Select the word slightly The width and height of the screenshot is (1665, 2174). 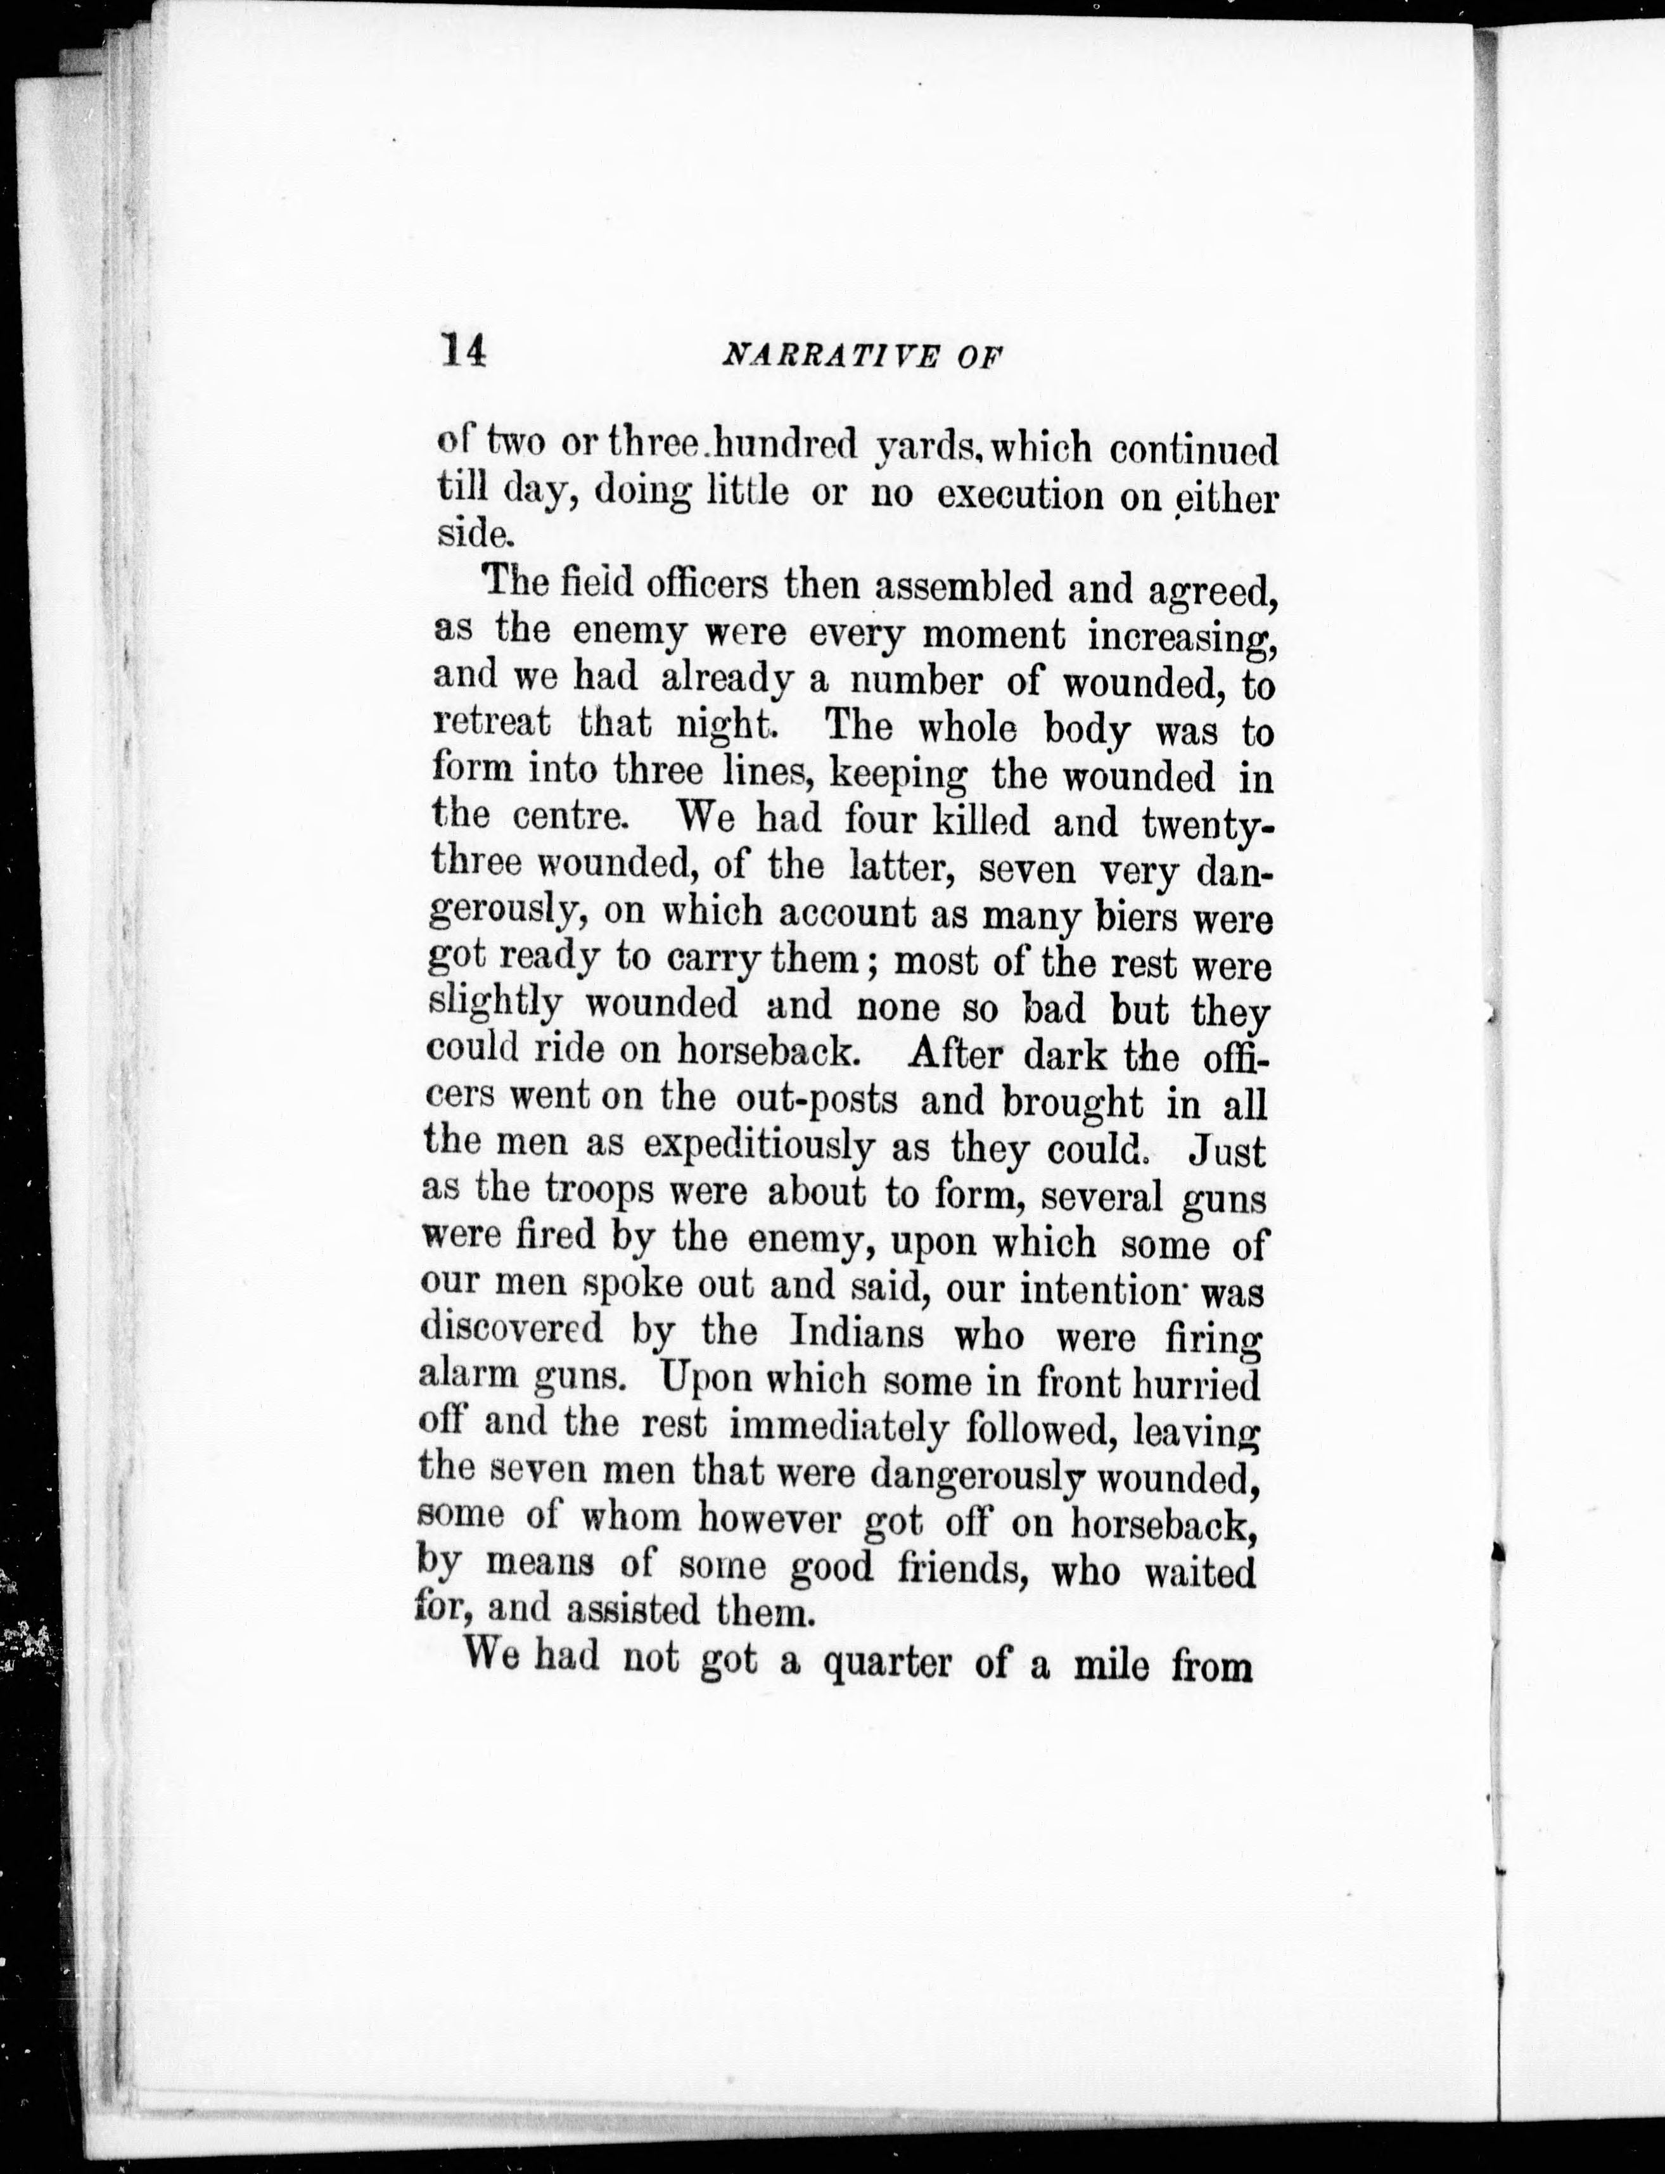pyautogui.click(x=495, y=1004)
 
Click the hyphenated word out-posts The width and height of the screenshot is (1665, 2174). pyautogui.click(x=817, y=1100)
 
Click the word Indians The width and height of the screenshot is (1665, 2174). pyautogui.click(x=857, y=1333)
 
